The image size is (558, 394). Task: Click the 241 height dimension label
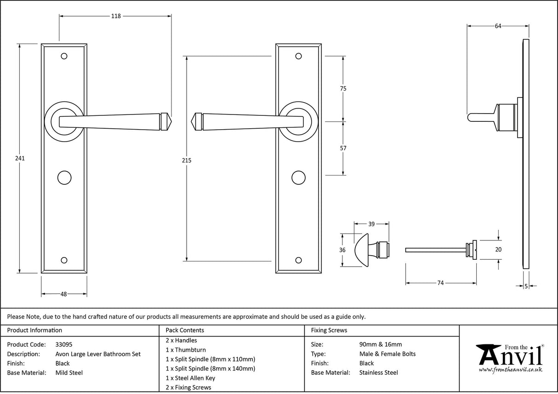(19, 158)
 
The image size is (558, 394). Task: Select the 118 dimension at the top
(116, 16)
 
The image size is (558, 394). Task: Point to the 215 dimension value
(186, 160)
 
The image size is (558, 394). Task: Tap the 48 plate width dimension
(64, 294)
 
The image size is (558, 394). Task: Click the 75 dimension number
(343, 89)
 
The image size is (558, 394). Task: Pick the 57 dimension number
(343, 148)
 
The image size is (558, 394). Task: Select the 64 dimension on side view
(498, 26)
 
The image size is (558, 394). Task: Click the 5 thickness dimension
(526, 286)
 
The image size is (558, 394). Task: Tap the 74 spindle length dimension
(440, 283)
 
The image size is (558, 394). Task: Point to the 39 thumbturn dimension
(372, 224)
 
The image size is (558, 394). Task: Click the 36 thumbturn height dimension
(342, 250)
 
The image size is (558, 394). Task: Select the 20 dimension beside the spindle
(499, 250)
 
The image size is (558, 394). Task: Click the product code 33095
(63, 344)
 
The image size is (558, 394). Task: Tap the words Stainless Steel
(378, 373)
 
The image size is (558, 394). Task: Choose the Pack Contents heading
(185, 330)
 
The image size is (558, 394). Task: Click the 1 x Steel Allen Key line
(190, 378)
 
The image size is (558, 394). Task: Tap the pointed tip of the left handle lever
(170, 120)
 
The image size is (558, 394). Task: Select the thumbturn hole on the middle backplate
(299, 177)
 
